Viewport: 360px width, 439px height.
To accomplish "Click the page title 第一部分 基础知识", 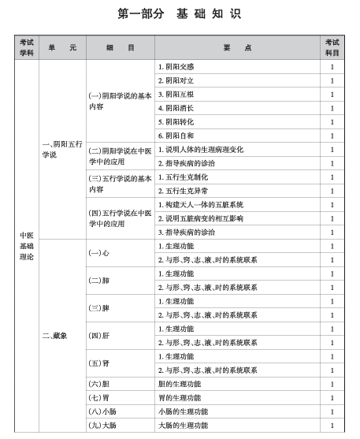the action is tap(179, 13).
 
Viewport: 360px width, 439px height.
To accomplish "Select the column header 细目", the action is tap(120, 47).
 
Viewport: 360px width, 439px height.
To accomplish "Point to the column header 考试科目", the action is tap(332, 47).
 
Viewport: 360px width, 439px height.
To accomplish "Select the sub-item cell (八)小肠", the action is tap(102, 411).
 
